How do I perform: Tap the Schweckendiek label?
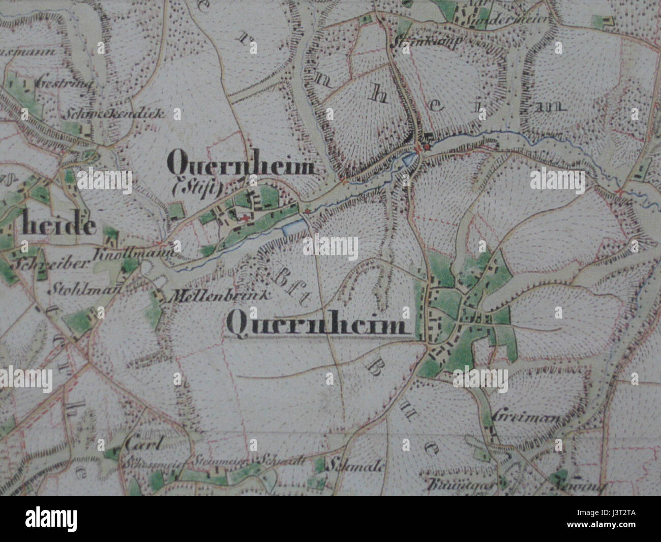click(113, 113)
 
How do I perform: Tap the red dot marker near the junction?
click(427, 147)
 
